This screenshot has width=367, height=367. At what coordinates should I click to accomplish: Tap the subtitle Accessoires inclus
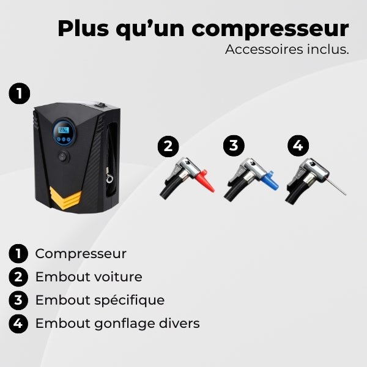pos(286,50)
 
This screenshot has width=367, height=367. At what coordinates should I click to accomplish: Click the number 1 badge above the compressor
pos(19,94)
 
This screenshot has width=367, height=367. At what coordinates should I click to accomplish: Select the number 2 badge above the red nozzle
pos(168,146)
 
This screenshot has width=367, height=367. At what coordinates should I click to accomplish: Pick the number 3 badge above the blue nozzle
pos(233,146)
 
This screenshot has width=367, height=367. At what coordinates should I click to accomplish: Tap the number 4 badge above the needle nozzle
pos(298,146)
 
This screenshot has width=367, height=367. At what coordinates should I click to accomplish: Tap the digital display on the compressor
pos(62,132)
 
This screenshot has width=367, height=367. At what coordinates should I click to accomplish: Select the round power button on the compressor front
pos(63,157)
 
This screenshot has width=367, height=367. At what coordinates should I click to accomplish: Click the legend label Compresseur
pos(81,253)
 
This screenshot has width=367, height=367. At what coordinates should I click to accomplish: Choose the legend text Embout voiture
pos(89,276)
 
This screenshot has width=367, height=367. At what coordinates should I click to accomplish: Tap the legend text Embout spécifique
pos(100,300)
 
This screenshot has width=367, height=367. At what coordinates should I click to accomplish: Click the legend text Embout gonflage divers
pos(117,323)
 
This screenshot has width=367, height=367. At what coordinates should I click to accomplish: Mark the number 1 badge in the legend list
pos(19,253)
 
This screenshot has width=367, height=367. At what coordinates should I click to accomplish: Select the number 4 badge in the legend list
pos(19,324)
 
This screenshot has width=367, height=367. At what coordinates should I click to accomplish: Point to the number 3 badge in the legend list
pos(19,300)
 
